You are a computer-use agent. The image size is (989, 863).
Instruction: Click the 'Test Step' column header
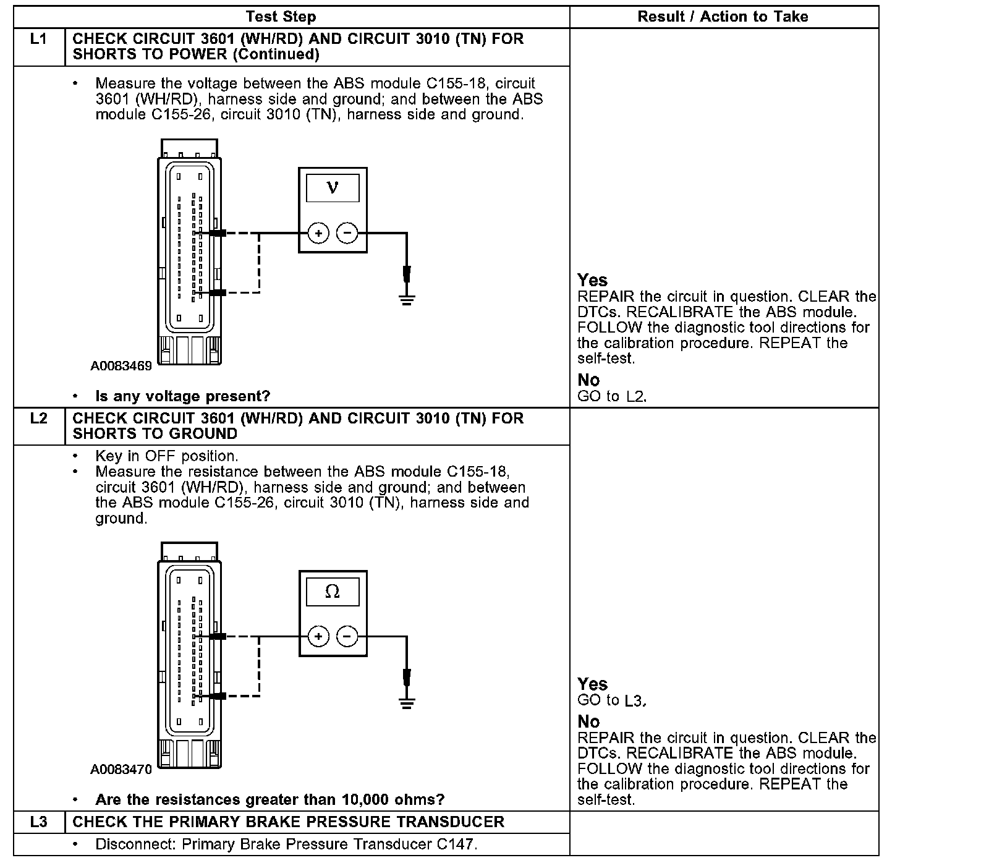(281, 17)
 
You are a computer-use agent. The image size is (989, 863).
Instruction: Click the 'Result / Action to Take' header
(723, 17)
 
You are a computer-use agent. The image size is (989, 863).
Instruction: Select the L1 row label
(38, 39)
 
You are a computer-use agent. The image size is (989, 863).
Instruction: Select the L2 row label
(38, 419)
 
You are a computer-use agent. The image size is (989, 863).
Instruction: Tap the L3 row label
(38, 822)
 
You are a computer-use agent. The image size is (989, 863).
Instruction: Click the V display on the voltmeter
(333, 188)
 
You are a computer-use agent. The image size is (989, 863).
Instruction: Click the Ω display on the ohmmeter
(333, 592)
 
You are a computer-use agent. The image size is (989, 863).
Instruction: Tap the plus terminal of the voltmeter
(318, 233)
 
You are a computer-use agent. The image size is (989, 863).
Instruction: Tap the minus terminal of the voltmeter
(347, 233)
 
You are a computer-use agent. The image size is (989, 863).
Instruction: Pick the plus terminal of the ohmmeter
(318, 637)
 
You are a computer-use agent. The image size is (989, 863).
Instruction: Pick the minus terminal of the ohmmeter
(347, 637)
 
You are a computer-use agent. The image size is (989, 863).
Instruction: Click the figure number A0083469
(121, 366)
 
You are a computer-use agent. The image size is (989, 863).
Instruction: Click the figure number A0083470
(121, 770)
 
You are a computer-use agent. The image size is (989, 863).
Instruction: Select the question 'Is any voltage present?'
(183, 396)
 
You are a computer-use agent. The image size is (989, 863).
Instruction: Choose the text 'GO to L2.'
(611, 396)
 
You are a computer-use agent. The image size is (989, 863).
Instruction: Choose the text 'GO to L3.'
(611, 700)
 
